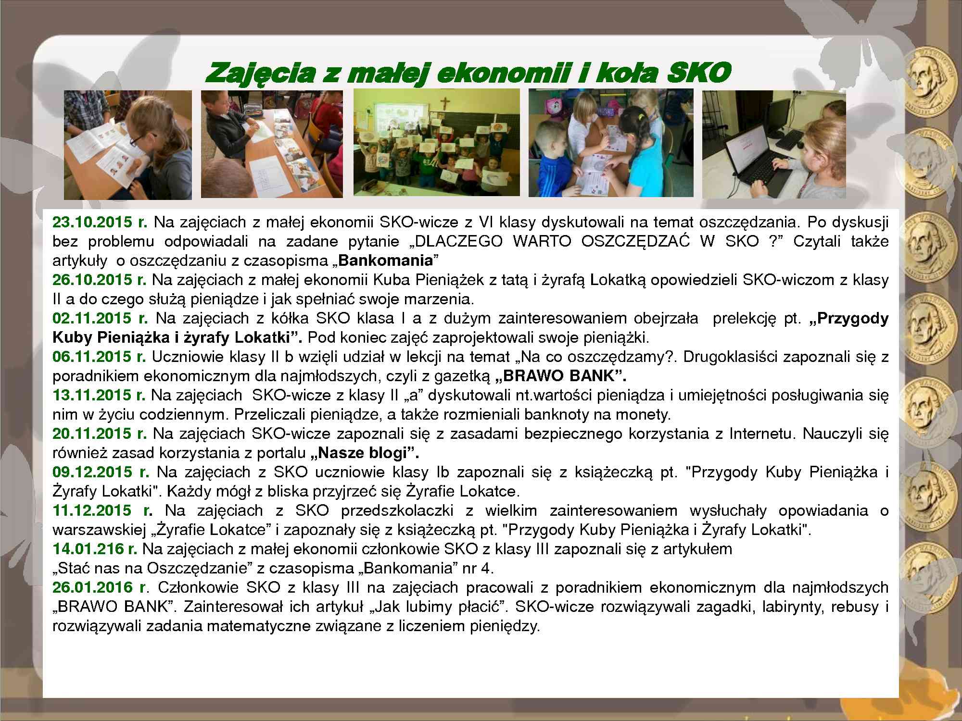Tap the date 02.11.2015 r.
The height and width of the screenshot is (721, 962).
[x=100, y=318]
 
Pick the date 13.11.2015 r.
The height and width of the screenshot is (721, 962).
[x=99, y=395]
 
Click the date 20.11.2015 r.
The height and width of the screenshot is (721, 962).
[x=100, y=434]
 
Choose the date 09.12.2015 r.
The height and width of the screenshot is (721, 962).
[x=101, y=472]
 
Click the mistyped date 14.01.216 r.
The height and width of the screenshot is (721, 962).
[x=95, y=549]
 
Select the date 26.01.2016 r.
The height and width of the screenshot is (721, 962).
[x=100, y=587]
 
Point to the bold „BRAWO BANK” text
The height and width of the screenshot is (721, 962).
[x=561, y=376]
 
